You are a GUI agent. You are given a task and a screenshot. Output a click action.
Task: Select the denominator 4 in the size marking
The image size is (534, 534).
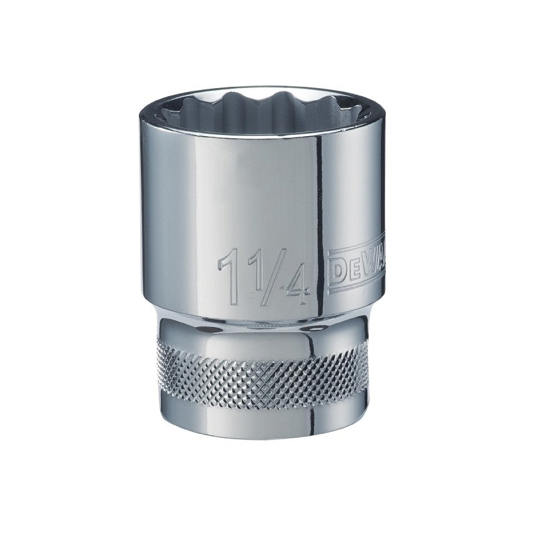[x=294, y=284]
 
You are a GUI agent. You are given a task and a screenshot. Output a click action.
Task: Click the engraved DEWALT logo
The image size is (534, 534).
[x=358, y=264]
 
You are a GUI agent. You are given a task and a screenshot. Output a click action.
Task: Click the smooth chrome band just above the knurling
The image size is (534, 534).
[x=267, y=337]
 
